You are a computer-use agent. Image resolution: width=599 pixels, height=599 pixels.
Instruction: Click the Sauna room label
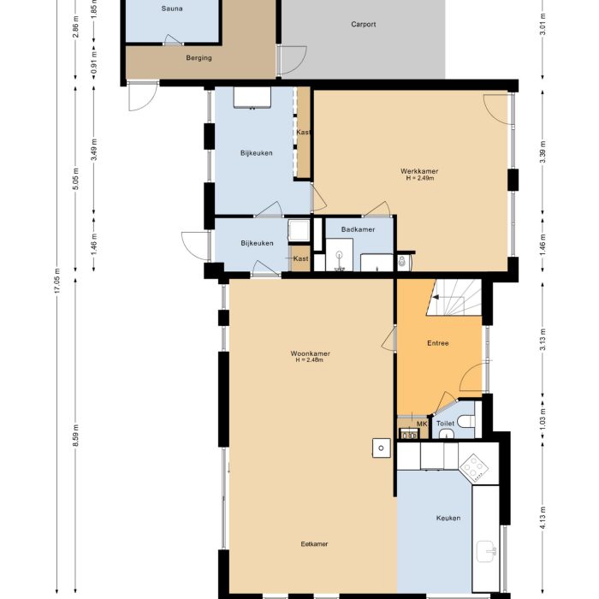pyautogui.click(x=171, y=9)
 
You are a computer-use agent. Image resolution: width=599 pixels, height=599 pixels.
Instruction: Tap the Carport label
pyautogui.click(x=364, y=25)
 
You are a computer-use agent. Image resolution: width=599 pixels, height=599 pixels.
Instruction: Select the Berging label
pyautogui.click(x=199, y=58)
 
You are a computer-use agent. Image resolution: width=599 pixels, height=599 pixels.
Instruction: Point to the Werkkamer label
pyautogui.click(x=419, y=171)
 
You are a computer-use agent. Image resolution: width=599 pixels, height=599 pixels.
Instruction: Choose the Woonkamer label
pyautogui.click(x=310, y=353)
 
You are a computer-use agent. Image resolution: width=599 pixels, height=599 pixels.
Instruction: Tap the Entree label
pyautogui.click(x=438, y=343)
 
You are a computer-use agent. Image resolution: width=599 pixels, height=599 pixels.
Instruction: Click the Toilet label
pyautogui.click(x=445, y=423)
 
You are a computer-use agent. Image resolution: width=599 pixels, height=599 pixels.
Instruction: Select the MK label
pyautogui.click(x=421, y=423)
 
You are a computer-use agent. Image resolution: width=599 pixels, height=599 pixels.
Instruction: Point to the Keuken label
pyautogui.click(x=448, y=518)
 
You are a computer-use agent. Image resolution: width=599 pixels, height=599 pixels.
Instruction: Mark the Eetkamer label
pyautogui.click(x=314, y=544)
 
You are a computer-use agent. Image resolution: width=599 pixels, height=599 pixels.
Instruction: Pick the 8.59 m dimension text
pyautogui.click(x=75, y=436)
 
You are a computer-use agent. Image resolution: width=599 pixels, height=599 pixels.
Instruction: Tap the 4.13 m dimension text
pyautogui.click(x=543, y=521)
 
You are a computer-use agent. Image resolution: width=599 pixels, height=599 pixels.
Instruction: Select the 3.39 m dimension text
pyautogui.click(x=543, y=158)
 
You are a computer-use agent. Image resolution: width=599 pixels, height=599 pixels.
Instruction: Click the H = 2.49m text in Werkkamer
pyautogui.click(x=419, y=179)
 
